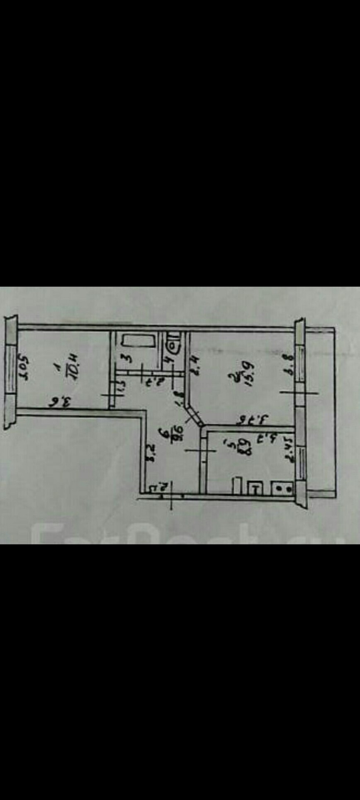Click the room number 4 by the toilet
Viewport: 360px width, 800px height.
point(169,359)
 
